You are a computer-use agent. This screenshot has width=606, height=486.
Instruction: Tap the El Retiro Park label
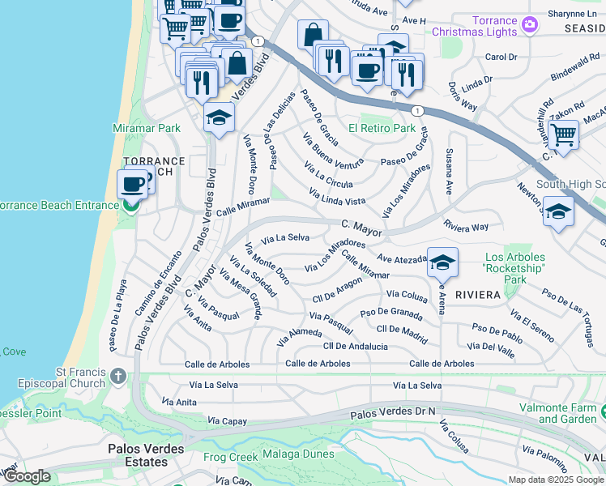tap(382, 128)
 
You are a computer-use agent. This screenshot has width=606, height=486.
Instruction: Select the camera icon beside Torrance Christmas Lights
tap(529, 24)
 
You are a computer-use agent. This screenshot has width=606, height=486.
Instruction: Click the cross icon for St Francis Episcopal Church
tap(118, 376)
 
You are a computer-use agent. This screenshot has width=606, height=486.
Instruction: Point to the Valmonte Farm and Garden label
tap(571, 413)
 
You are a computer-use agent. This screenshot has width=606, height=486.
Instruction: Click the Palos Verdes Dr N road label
tap(393, 413)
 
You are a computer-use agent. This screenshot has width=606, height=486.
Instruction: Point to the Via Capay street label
tap(225, 421)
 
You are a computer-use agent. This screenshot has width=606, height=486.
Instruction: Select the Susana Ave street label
tap(447, 176)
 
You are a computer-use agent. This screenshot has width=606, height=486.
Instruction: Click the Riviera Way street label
tap(466, 227)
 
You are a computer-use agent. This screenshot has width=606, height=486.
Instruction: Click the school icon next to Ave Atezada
tap(442, 262)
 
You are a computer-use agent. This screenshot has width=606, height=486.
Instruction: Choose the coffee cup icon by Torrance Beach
tap(133, 183)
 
